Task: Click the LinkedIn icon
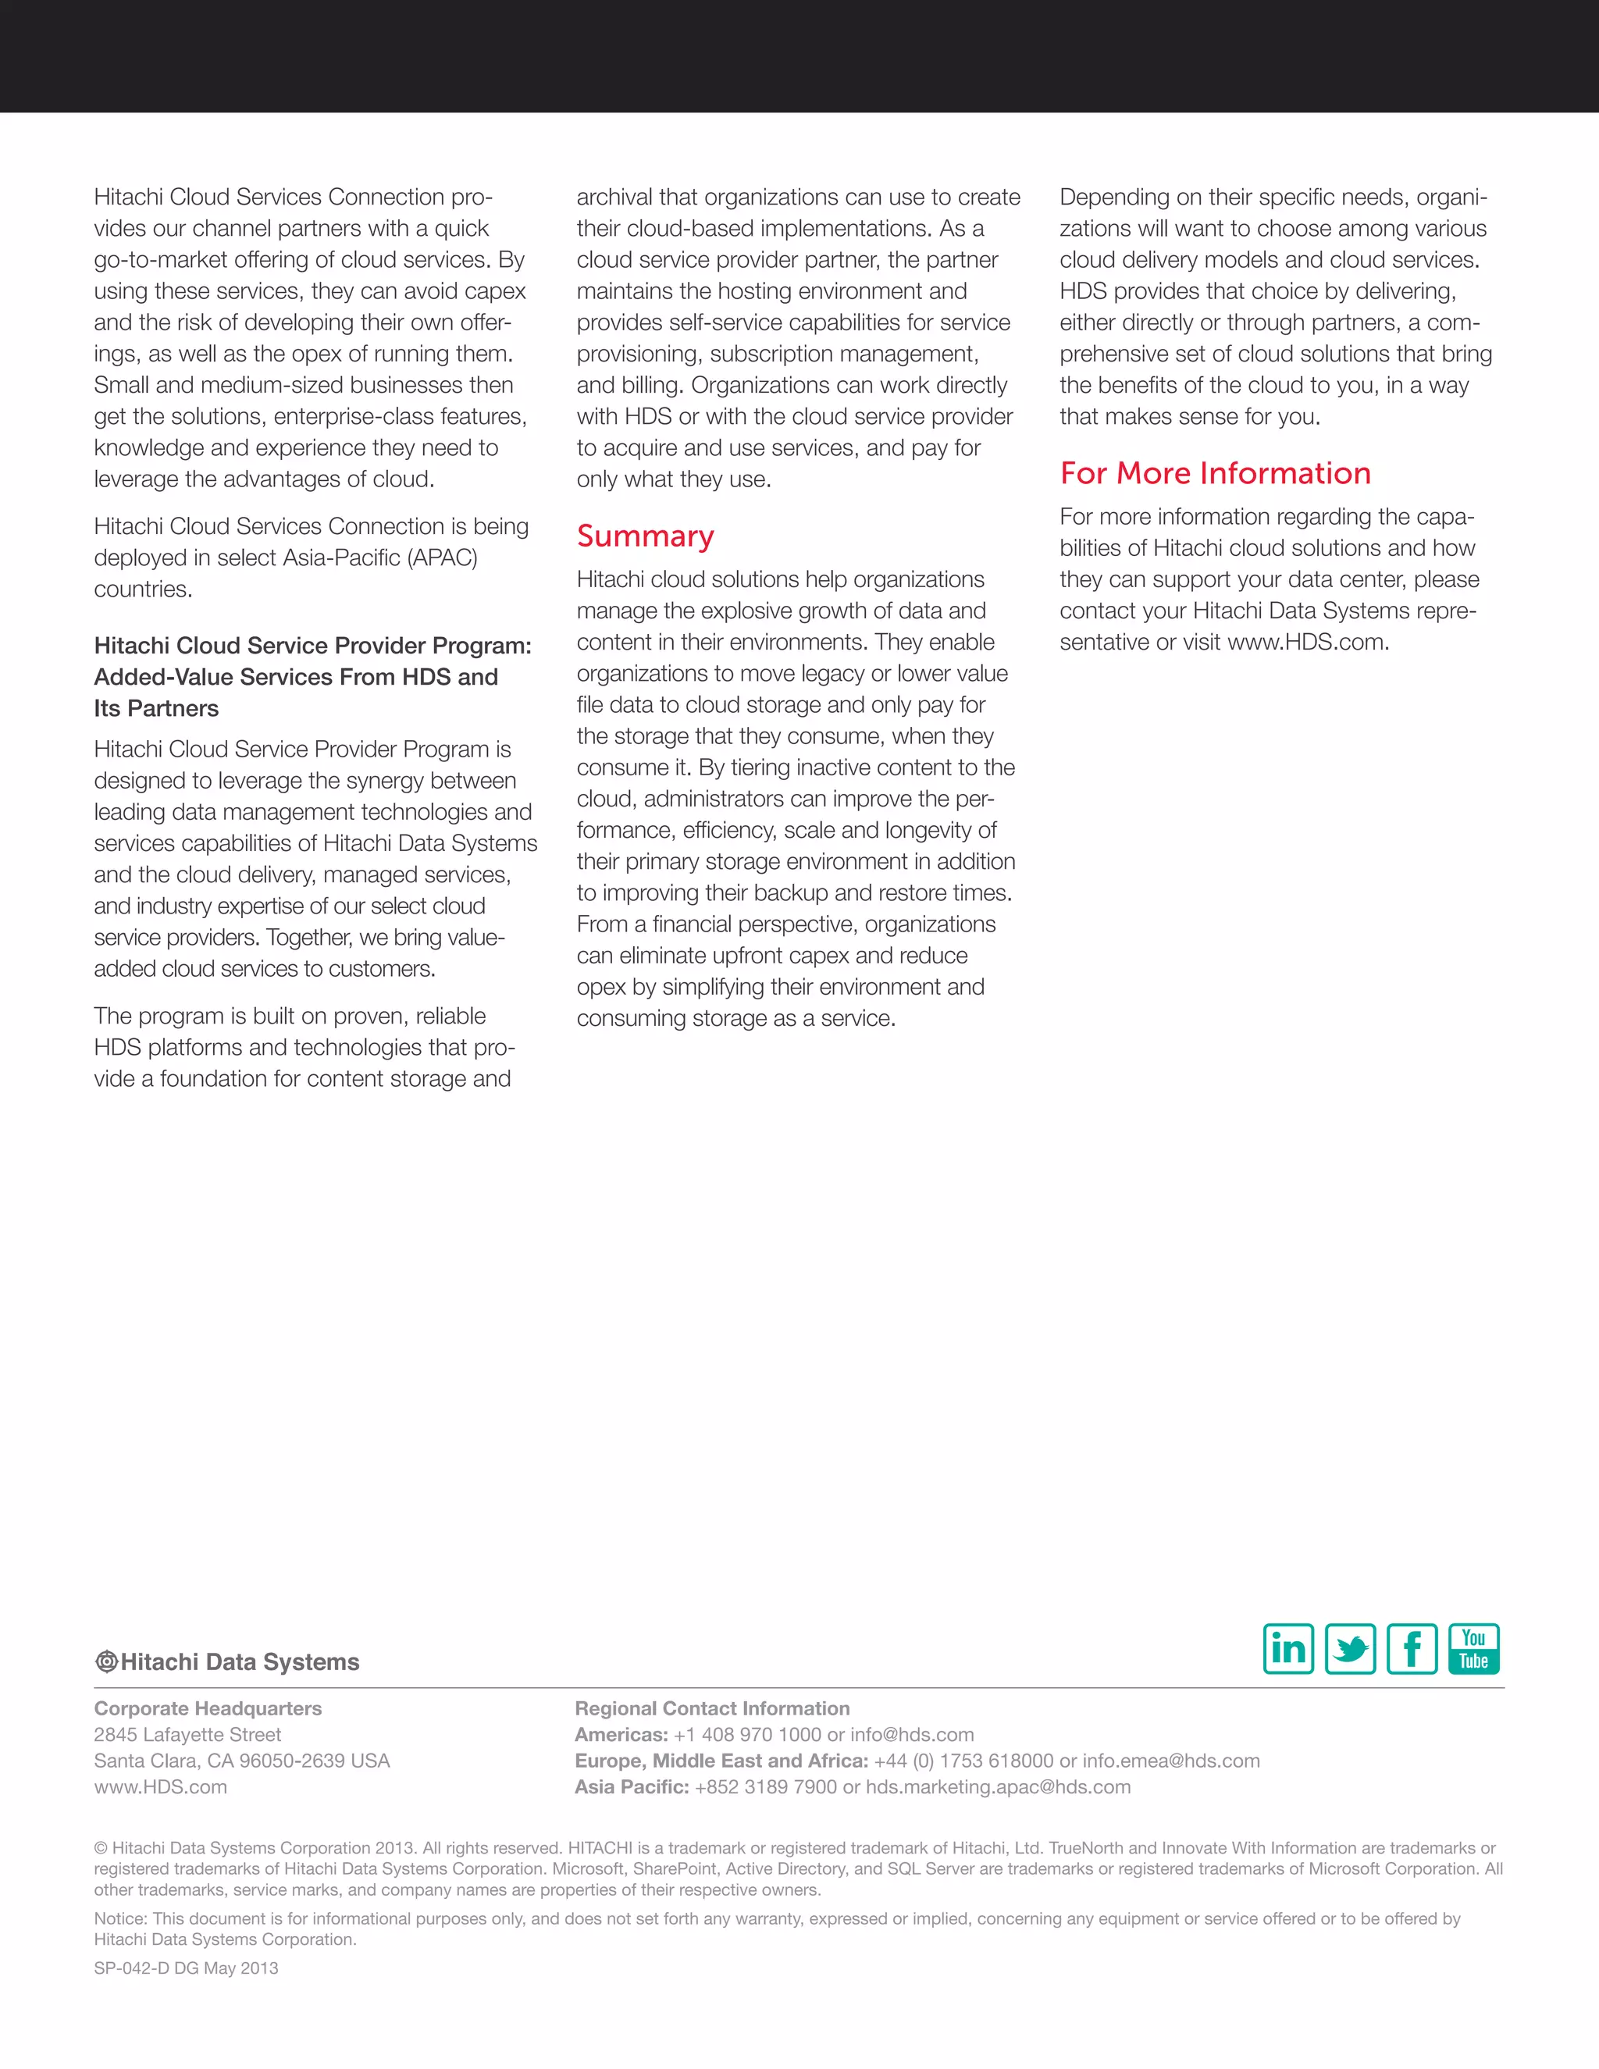point(1288,1649)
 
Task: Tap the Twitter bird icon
point(1350,1649)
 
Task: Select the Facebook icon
point(1412,1649)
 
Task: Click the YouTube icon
point(1473,1649)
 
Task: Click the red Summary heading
point(645,536)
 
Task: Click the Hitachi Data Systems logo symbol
point(106,1661)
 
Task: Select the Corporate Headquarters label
point(208,1708)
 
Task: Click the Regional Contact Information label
point(711,1708)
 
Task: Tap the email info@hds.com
point(911,1735)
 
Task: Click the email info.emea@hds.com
point(1171,1760)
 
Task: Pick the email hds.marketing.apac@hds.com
point(998,1786)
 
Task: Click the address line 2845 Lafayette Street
point(187,1735)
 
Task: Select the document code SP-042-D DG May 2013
point(186,1968)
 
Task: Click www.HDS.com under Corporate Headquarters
point(160,1786)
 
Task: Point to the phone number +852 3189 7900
point(765,1786)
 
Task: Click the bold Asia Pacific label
point(631,1786)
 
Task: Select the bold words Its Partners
point(156,709)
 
